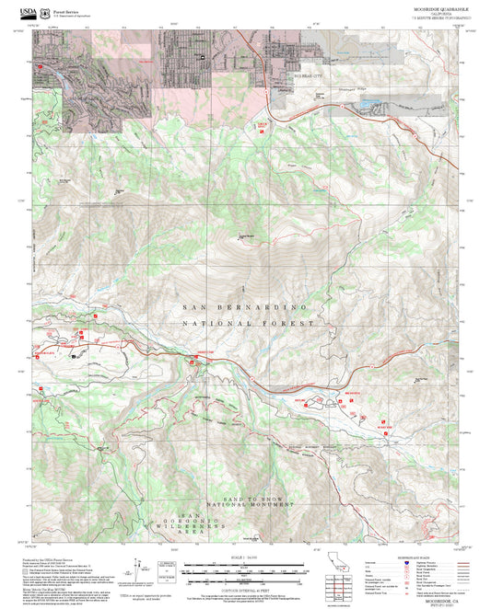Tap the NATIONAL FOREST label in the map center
tap(248, 324)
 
